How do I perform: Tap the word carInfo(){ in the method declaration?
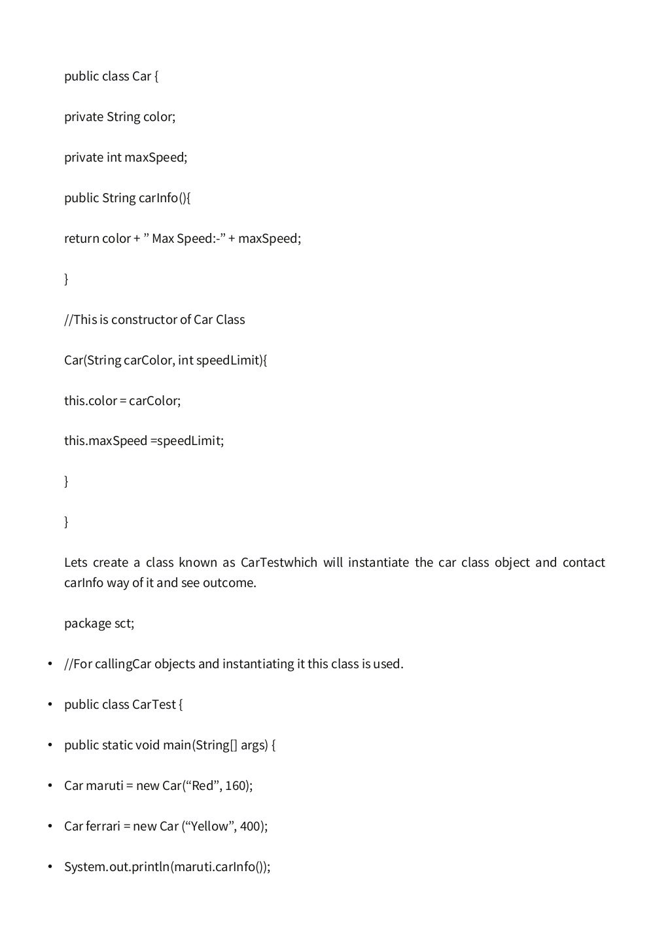[x=164, y=198]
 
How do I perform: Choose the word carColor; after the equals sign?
[x=154, y=401]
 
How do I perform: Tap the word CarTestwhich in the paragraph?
[x=279, y=563]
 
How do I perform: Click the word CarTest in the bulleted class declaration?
[x=154, y=705]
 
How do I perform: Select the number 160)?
[x=239, y=786]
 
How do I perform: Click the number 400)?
[x=254, y=827]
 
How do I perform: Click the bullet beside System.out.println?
[x=50, y=867]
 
